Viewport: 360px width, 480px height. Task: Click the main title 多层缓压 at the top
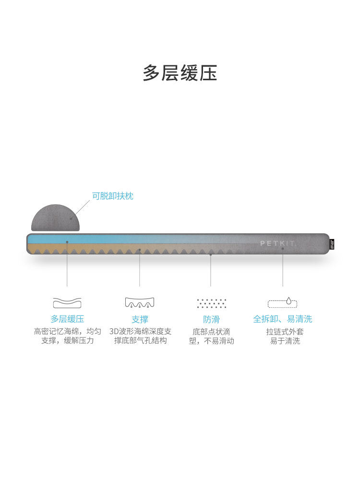point(180,73)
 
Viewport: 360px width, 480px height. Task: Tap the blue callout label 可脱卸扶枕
point(113,196)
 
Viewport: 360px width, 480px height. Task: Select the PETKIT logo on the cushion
point(278,243)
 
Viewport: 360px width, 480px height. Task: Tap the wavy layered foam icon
point(67,303)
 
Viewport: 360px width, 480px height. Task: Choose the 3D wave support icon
point(140,303)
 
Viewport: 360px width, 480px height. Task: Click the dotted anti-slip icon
point(211,303)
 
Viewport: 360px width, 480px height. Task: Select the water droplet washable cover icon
point(283,302)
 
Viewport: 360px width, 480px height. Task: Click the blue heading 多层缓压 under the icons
point(67,319)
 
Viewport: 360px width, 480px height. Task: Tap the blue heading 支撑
point(140,319)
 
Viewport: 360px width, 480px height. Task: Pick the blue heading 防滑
point(211,319)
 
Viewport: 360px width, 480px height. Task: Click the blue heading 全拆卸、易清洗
point(283,319)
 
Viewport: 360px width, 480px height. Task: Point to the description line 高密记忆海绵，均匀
point(67,331)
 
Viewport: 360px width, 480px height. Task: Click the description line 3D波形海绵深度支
point(140,331)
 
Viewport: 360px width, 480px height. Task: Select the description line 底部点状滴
point(211,331)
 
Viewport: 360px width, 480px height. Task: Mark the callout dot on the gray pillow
point(71,218)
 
